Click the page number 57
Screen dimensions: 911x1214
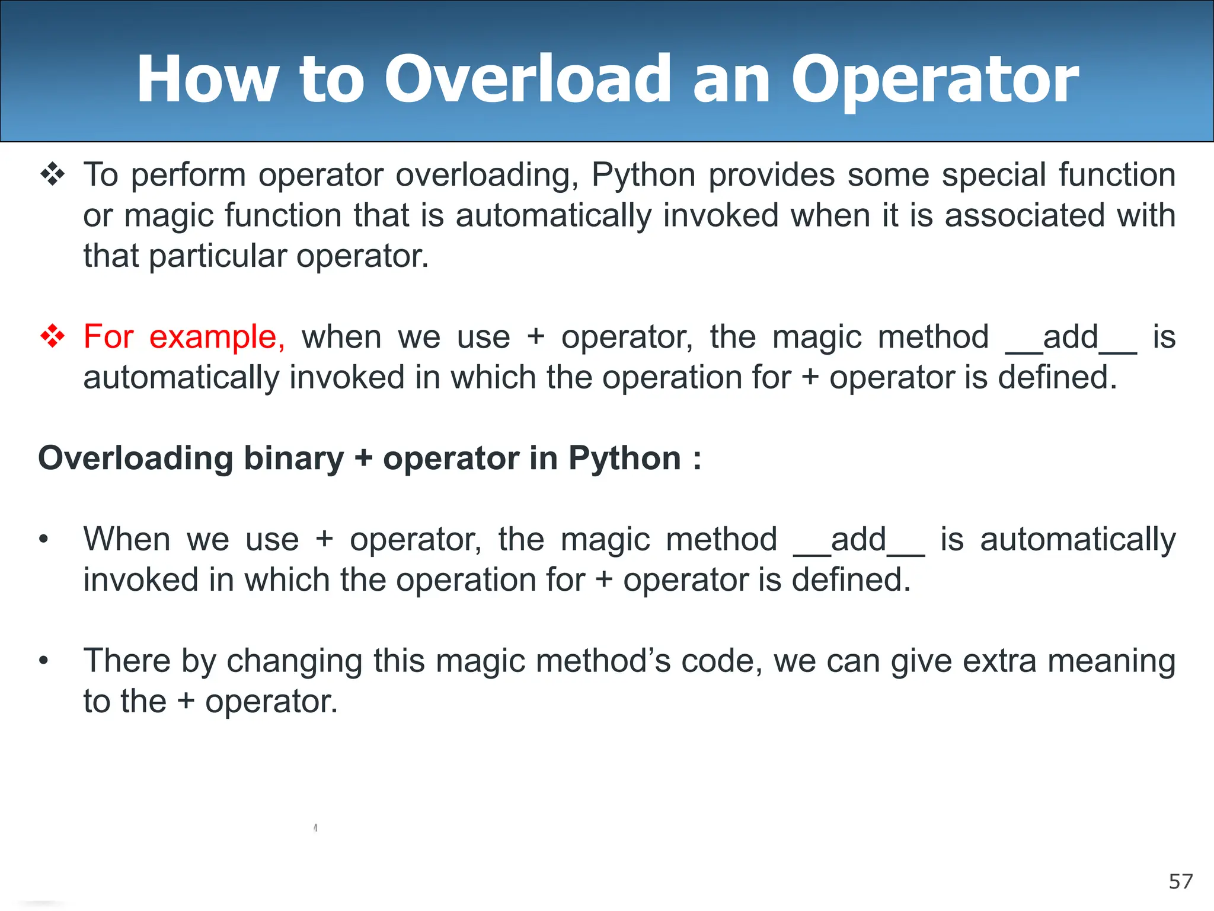[1180, 882]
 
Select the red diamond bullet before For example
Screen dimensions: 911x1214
[53, 336]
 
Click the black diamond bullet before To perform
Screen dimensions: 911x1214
[53, 175]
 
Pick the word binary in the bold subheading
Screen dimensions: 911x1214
[293, 458]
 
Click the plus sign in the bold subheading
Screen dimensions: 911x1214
[363, 459]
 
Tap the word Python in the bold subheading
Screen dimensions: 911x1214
[625, 458]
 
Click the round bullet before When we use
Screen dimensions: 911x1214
[43, 540]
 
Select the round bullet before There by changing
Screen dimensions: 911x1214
[43, 661]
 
